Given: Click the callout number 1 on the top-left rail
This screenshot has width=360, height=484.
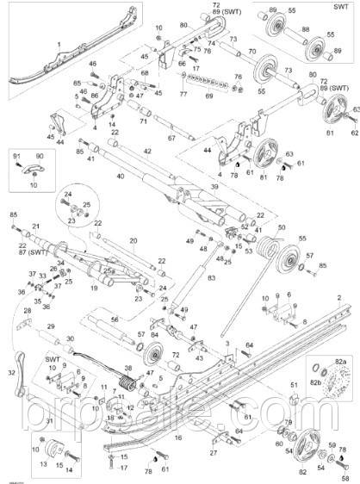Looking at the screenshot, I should [58, 42].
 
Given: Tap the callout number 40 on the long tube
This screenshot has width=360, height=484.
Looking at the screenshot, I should [120, 177].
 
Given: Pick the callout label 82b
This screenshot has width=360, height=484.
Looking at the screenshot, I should [315, 378].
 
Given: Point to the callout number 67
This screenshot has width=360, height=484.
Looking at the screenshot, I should [171, 138].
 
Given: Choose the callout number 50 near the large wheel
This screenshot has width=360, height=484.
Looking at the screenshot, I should [281, 226].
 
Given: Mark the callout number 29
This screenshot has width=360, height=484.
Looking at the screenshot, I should [51, 326].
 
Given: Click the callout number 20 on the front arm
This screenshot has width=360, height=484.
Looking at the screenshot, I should [133, 241].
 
